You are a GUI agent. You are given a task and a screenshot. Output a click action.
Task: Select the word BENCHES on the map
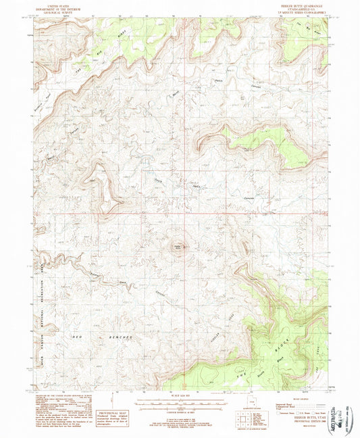point(122,336)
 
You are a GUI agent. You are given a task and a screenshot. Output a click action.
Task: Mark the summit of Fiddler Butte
point(178,247)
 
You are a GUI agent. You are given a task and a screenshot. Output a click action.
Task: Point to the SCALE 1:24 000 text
point(180,394)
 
